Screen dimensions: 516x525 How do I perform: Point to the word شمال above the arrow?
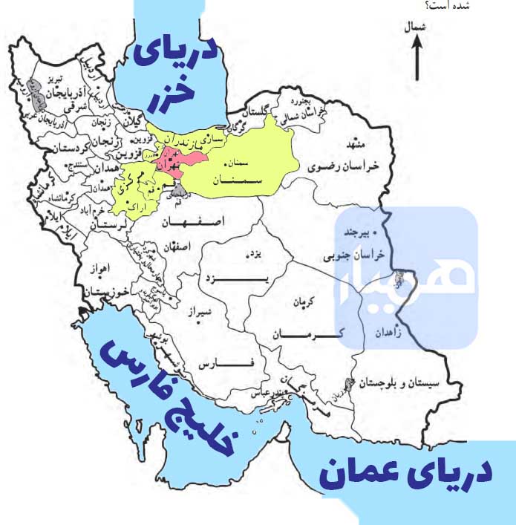tap(416, 28)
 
